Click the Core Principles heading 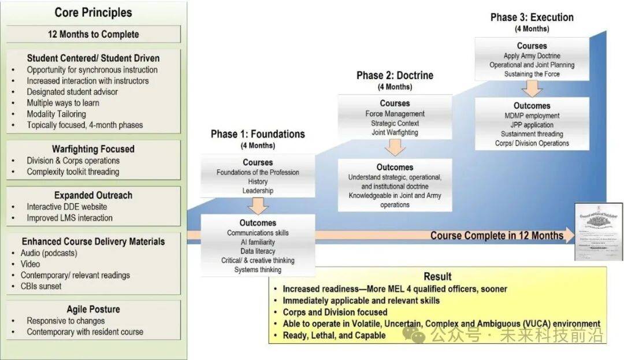93,12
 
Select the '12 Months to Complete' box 93,34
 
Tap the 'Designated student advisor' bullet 72,92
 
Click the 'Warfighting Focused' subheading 93,149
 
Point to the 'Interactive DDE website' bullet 66,207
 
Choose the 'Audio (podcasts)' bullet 52,253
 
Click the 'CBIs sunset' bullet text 44,286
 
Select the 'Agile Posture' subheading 93,309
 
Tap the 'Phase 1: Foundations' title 258,134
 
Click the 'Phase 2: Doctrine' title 395,76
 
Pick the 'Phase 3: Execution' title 532,17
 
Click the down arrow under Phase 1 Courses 258,205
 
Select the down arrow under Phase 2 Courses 395,147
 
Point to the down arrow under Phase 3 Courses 532,88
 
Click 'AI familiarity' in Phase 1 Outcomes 258,242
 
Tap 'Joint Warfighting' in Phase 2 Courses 395,132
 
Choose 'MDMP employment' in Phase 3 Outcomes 532,116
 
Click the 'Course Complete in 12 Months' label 496,235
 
